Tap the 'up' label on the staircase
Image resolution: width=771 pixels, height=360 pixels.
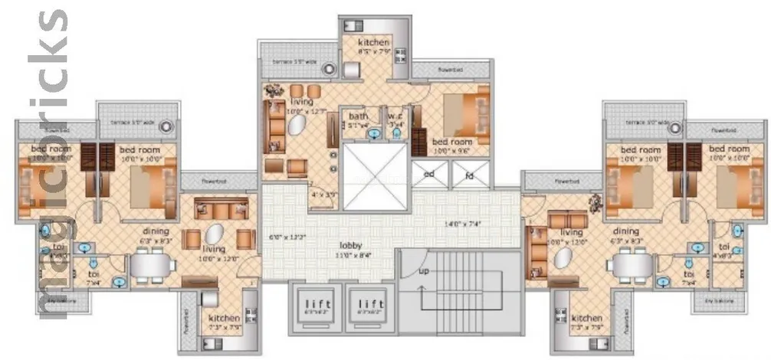(422, 272)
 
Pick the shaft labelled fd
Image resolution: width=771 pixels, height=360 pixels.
(468, 174)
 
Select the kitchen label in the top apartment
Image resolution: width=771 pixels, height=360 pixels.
(373, 42)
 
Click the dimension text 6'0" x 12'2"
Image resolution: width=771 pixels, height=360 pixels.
(288, 237)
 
